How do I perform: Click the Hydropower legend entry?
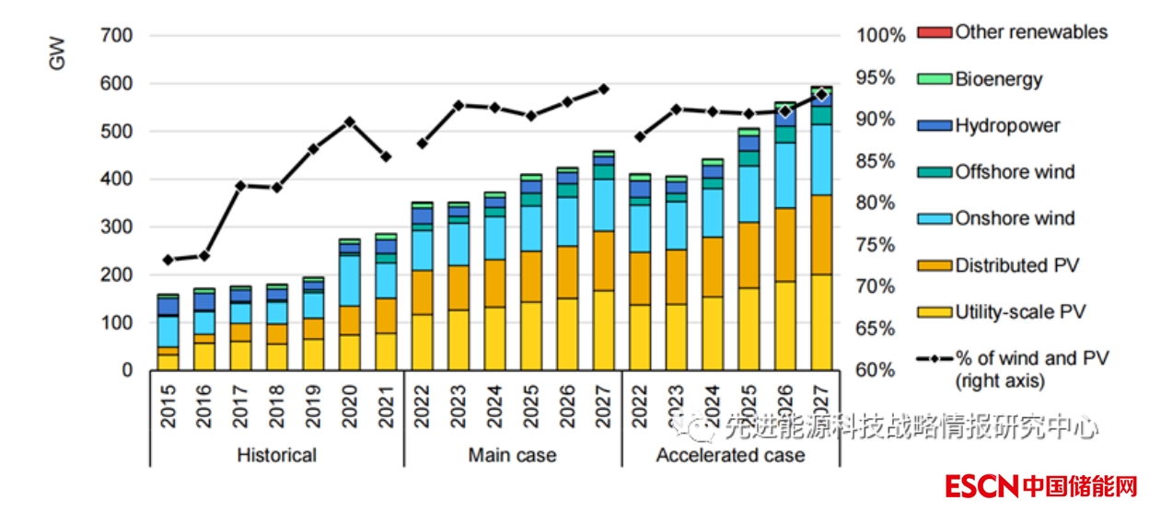(x=1007, y=126)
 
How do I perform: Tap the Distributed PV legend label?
(x=1016, y=266)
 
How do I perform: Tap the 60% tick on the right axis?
(x=875, y=370)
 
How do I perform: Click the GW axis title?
(x=58, y=53)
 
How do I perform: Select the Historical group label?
(x=276, y=456)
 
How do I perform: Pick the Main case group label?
(x=512, y=456)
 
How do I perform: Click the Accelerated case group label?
(x=730, y=456)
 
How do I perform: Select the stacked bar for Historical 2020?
(x=350, y=305)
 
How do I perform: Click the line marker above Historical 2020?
(x=350, y=121)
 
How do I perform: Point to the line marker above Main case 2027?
(x=604, y=88)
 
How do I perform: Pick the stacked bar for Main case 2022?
(x=423, y=286)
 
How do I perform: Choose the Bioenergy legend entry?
(x=999, y=79)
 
